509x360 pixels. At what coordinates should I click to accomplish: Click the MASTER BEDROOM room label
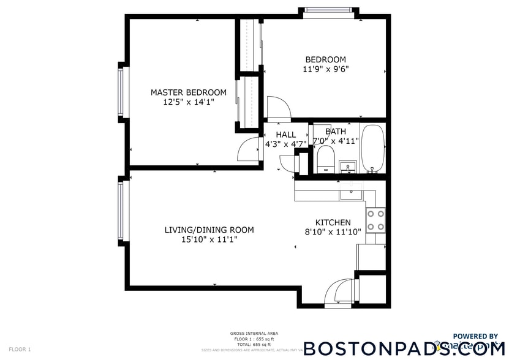click(189, 92)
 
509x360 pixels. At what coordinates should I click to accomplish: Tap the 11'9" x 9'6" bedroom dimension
click(326, 69)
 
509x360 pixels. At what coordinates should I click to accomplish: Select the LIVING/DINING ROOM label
click(209, 230)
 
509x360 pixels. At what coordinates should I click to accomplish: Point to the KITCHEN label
click(333, 222)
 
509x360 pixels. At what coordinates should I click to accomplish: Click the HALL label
click(285, 135)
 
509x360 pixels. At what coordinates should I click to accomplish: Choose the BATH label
click(335, 131)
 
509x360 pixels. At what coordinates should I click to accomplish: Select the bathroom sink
click(349, 167)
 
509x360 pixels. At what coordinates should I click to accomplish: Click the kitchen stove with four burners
click(375, 220)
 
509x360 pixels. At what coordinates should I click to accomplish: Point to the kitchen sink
click(352, 195)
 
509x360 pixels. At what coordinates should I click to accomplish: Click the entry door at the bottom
click(336, 293)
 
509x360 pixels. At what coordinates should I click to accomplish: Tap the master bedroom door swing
click(251, 149)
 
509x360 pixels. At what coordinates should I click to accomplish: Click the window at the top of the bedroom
click(330, 10)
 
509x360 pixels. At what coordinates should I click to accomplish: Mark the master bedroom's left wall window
click(121, 91)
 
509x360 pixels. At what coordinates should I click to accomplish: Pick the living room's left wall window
click(121, 210)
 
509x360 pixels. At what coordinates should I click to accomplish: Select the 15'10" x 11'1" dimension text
click(209, 240)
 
